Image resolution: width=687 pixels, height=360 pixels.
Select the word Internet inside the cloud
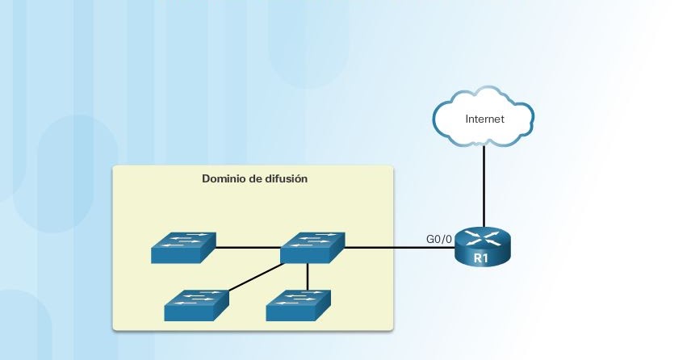click(484, 119)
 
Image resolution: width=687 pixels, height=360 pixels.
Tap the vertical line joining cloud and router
click(484, 186)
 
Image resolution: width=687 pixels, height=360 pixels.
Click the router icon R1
click(483, 245)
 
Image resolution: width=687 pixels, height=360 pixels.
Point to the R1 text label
click(482, 258)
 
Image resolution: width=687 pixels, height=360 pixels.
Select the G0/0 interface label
click(438, 238)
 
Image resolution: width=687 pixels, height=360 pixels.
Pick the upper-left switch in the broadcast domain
click(184, 248)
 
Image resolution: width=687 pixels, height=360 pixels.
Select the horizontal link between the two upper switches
click(249, 247)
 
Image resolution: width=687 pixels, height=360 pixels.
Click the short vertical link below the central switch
click(308, 275)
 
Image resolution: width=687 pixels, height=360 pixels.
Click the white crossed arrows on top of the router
click(483, 237)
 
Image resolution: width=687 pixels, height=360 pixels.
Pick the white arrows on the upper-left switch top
click(186, 241)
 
